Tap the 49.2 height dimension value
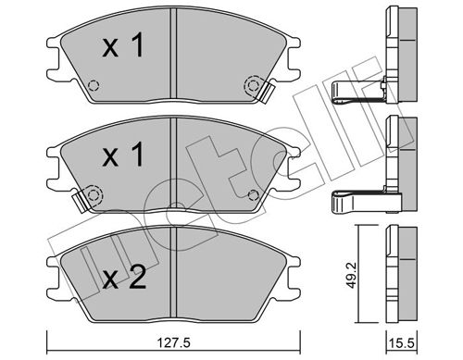[x=351, y=275]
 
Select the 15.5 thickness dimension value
[x=402, y=343]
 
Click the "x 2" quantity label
[x=124, y=278]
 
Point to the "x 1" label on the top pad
[x=123, y=45]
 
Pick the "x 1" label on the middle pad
[x=123, y=155]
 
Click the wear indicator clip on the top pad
[x=267, y=91]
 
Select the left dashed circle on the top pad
[x=94, y=85]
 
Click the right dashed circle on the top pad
[x=253, y=85]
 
